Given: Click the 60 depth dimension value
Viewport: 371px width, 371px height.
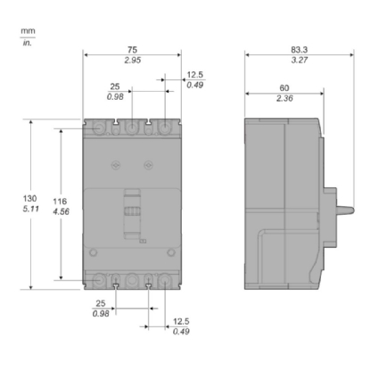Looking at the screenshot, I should coord(284,88).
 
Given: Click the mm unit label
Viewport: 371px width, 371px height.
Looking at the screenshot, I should coord(26,29).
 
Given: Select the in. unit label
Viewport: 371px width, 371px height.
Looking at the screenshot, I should coord(26,42).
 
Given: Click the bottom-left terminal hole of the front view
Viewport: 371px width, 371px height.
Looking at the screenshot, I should coord(98,278).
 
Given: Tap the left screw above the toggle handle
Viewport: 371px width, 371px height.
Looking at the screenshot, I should coord(114,165).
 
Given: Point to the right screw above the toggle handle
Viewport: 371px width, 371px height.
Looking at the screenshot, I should coord(148,165).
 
